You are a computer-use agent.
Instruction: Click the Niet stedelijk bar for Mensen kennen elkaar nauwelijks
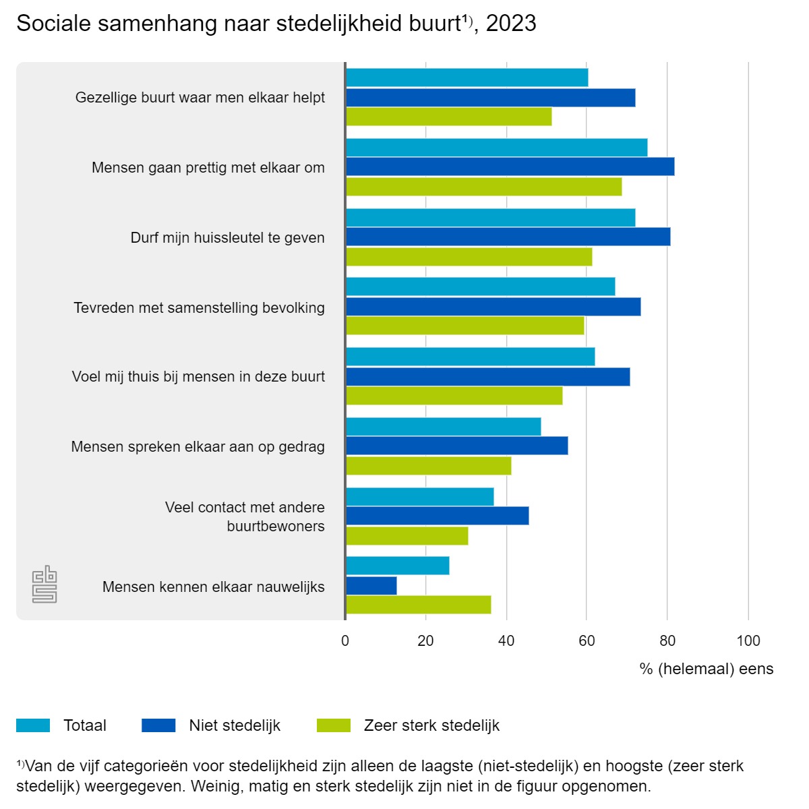pos(371,586)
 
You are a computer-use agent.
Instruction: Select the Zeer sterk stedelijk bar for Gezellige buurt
pos(449,117)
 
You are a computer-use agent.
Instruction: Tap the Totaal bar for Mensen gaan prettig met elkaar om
pos(497,148)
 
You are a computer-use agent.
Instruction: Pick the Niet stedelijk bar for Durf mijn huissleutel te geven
pos(508,237)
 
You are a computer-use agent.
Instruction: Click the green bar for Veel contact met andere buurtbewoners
pos(407,536)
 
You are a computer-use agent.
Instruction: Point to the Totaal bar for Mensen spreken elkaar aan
pos(444,427)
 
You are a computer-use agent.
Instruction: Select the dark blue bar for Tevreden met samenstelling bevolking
pos(493,307)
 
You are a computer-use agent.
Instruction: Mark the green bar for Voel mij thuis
pos(454,396)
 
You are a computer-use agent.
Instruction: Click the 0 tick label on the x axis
pos(345,640)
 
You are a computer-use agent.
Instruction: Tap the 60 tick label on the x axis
pos(587,640)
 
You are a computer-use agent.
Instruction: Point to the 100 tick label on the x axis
pos(748,640)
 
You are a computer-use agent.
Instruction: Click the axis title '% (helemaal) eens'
pos(707,669)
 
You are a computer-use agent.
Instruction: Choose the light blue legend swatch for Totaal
pos(33,725)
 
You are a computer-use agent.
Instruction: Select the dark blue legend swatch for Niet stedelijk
pos(158,725)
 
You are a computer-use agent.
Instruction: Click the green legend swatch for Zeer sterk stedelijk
pos(334,725)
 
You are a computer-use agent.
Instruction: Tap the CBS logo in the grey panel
pos(44,584)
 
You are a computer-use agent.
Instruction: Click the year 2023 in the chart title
pos(511,24)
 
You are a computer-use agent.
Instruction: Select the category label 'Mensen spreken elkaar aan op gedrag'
pos(198,446)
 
